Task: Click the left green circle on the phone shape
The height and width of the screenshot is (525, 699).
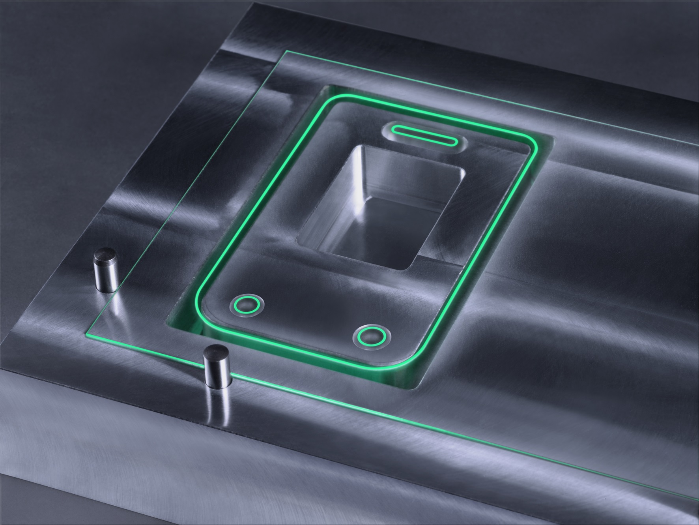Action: [247, 305]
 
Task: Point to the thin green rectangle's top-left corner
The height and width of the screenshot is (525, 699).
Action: [285, 51]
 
